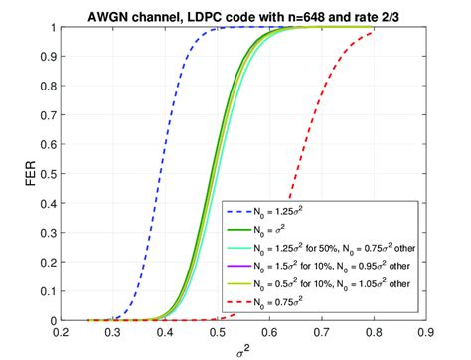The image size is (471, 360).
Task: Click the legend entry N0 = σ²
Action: [288, 229]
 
